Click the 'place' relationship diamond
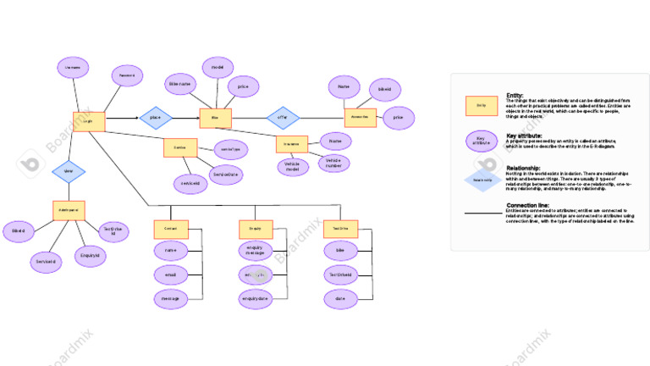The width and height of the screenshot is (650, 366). (155, 118)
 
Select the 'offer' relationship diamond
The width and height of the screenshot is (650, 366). (283, 118)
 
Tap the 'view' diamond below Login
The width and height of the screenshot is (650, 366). (69, 172)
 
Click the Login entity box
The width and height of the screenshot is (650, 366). (89, 121)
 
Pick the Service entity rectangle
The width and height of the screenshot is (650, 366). (180, 147)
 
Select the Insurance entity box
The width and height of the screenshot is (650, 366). (292, 145)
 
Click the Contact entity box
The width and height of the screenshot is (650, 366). (171, 229)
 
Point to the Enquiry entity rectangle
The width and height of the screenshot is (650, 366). (256, 229)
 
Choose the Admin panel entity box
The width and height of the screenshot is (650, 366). (69, 210)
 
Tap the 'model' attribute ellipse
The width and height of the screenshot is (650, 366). (218, 68)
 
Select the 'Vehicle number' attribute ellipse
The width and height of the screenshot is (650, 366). (333, 163)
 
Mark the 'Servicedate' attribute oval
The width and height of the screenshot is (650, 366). (227, 175)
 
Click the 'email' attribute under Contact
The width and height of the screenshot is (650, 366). (171, 274)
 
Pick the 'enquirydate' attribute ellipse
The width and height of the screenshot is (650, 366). (256, 298)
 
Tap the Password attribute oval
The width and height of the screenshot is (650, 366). (127, 76)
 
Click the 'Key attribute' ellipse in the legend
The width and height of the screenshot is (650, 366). (481, 141)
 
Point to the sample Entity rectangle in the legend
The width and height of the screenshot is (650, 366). (481, 105)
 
